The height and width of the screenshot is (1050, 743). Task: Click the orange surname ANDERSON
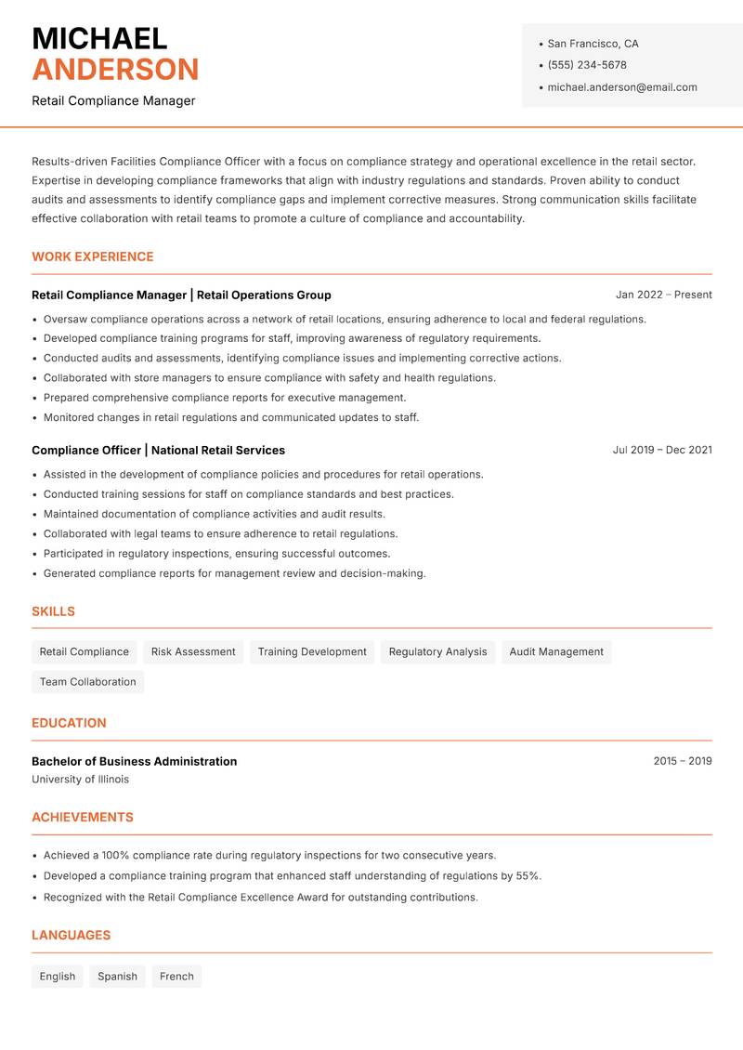click(115, 70)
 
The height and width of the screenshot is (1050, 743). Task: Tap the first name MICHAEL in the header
click(99, 38)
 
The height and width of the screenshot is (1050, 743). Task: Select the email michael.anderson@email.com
click(621, 87)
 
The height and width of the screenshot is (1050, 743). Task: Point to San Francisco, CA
click(593, 44)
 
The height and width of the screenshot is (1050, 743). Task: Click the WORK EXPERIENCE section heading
click(93, 256)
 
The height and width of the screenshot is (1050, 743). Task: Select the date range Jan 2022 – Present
click(663, 295)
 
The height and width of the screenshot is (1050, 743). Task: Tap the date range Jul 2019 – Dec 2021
click(661, 450)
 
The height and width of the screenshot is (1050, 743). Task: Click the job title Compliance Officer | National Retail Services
click(158, 450)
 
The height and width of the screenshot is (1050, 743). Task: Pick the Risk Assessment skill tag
click(193, 651)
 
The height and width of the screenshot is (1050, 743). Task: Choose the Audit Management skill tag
click(556, 651)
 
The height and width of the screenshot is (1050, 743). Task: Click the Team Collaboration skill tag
click(87, 681)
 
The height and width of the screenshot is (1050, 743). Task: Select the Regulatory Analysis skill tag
click(437, 651)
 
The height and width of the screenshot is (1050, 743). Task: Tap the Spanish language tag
click(117, 976)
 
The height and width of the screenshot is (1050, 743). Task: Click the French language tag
click(176, 976)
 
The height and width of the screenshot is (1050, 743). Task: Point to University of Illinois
click(80, 780)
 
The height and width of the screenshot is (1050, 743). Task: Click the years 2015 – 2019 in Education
click(682, 761)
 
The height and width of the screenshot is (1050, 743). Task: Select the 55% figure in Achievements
click(527, 875)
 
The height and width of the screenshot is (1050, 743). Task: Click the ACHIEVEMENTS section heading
click(83, 817)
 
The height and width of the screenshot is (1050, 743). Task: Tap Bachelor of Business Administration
click(134, 761)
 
